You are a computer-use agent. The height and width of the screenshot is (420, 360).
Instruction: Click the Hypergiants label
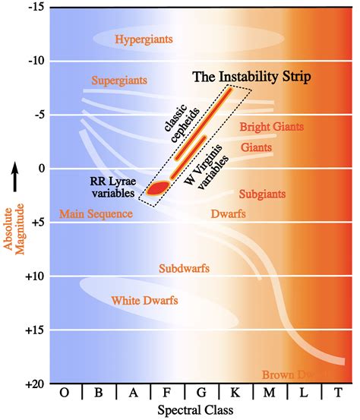(x=144, y=39)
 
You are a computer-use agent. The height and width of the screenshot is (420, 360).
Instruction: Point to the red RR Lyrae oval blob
(x=158, y=188)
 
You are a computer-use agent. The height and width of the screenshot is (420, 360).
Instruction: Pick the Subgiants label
(x=262, y=194)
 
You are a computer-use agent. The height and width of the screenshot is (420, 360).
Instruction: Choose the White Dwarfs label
(x=144, y=301)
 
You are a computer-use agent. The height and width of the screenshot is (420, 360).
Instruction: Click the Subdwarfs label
(x=184, y=269)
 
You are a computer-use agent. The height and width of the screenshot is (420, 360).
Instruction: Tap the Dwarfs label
(x=228, y=215)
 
